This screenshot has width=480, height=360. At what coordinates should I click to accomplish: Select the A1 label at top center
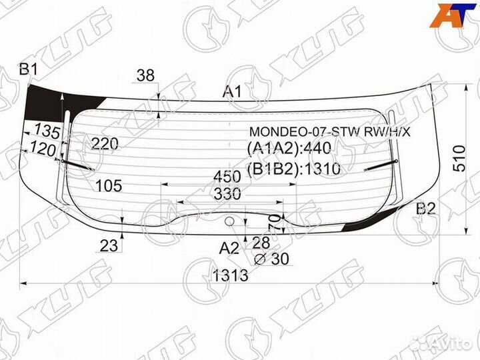[x=232, y=92]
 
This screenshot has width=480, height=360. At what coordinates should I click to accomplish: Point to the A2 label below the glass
[x=229, y=249]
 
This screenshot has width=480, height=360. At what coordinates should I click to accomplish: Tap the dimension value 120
[x=42, y=151]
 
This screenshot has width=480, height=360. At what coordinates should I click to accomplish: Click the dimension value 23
[x=109, y=245]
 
